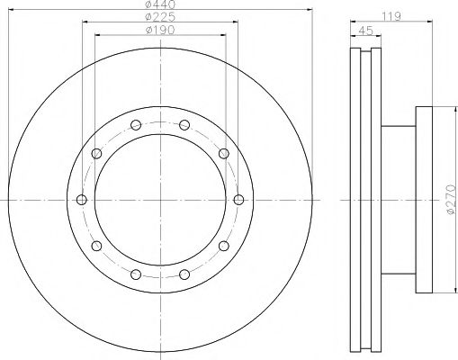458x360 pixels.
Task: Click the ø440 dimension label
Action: tap(160, 4)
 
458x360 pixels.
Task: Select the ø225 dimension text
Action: tap(160, 17)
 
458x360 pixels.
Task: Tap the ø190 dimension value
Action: tap(160, 30)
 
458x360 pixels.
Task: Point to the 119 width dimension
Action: tap(391, 16)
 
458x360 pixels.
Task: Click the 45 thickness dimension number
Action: tap(366, 31)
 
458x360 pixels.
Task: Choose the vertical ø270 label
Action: tap(452, 200)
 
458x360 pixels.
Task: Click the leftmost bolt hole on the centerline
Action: tap(82, 200)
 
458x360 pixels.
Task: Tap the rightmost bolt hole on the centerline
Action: tap(238, 200)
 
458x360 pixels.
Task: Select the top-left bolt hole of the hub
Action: tap(136, 125)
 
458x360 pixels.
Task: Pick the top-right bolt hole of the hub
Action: tap(184, 125)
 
